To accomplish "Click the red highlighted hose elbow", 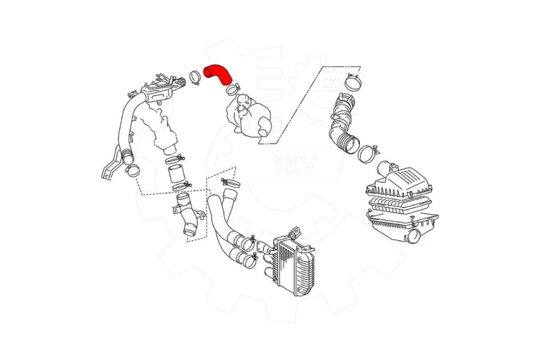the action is click(x=217, y=74).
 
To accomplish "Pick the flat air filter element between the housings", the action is click(x=400, y=205).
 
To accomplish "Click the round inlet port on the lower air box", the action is click(x=413, y=237).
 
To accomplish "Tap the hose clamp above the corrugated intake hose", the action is click(x=353, y=82).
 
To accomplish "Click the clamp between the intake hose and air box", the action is click(x=368, y=153).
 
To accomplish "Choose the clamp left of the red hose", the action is click(x=195, y=77).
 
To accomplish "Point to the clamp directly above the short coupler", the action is click(x=175, y=159).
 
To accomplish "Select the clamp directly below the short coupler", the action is click(x=181, y=186).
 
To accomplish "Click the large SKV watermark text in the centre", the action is click(x=294, y=165).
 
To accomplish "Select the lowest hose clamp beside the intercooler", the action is click(x=248, y=261).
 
